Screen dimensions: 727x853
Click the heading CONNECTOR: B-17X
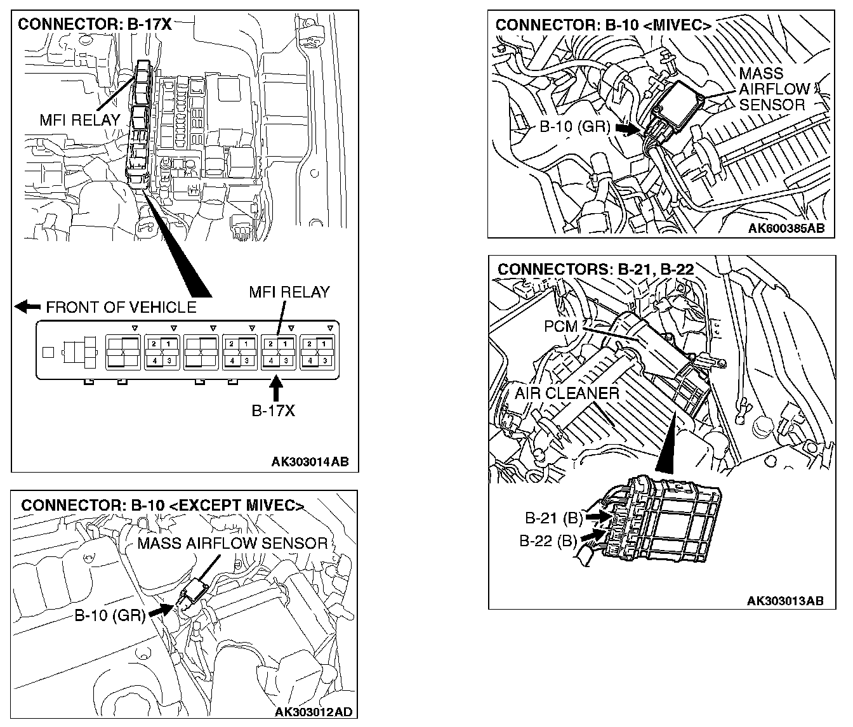pos(95,25)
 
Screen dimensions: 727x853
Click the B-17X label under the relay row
pos(274,410)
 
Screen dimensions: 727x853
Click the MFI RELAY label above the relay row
pos(289,292)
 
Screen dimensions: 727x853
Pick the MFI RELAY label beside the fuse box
pos(79,119)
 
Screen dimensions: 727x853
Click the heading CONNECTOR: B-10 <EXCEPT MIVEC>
pos(162,506)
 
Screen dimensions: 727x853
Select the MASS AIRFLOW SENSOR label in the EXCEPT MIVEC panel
pos(232,543)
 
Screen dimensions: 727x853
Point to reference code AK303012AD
pos(313,712)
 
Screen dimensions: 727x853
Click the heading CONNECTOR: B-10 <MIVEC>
pos(603,25)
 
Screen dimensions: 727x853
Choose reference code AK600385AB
pos(786,228)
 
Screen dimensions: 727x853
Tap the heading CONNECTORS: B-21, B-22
pos(595,269)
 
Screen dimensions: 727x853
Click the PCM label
pos(560,327)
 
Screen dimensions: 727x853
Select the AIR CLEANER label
pos(567,393)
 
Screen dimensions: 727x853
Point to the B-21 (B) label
pos(553,518)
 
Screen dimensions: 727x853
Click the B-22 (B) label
pos(548,541)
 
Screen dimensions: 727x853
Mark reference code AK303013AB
pos(786,600)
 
